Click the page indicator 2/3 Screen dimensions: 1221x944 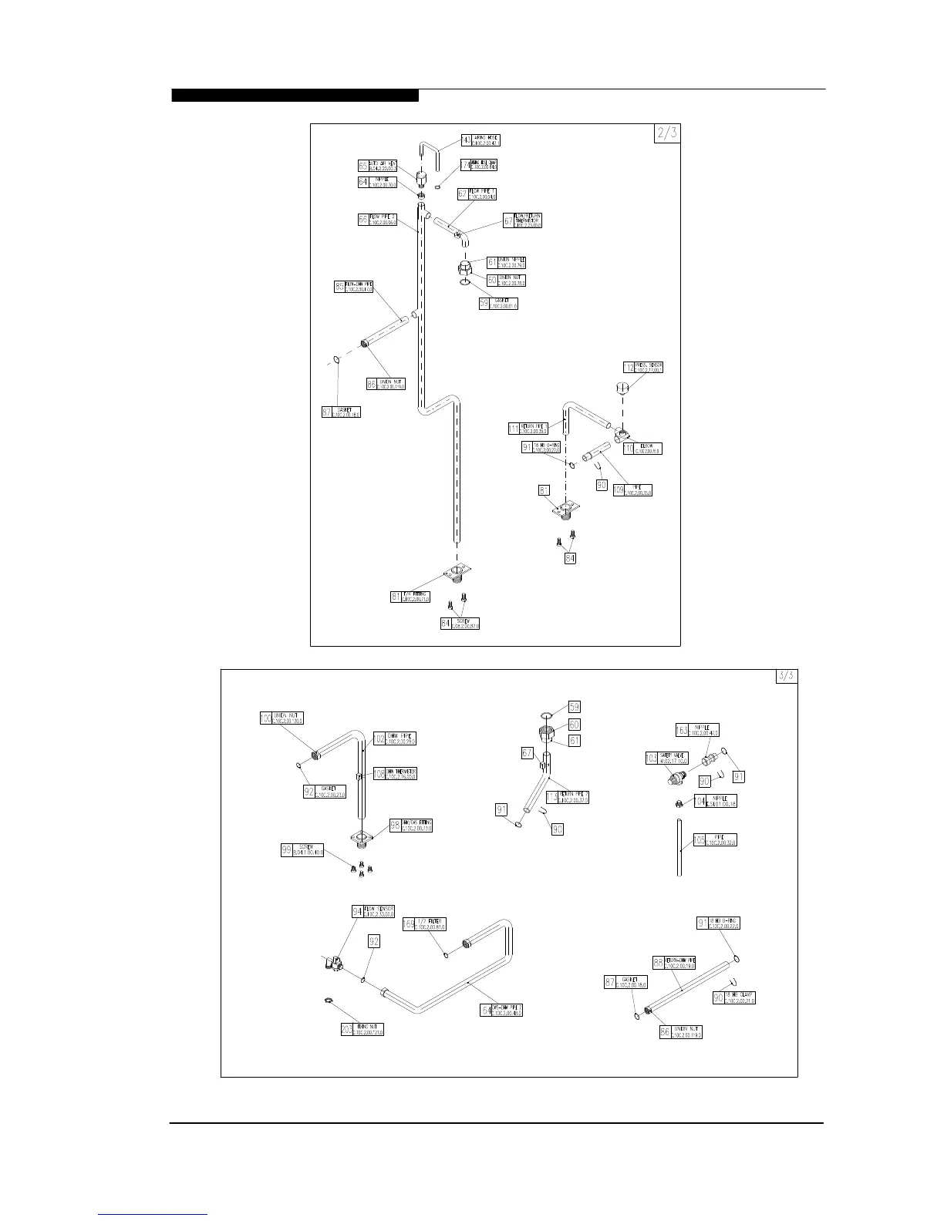click(667, 133)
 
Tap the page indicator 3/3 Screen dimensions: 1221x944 click(786, 676)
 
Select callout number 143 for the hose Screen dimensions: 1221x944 click(466, 140)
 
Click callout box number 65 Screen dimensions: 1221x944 click(363, 166)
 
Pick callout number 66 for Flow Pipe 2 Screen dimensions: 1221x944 click(363, 220)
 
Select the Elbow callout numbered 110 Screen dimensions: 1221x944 click(629, 448)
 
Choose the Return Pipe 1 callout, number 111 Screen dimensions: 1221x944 click(514, 429)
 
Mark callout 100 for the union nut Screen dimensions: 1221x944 click(266, 718)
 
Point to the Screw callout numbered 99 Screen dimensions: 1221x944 click(287, 850)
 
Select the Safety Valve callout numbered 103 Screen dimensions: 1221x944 click(652, 758)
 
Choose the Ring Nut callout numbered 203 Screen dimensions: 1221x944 click(347, 1029)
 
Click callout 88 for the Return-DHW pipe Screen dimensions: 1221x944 click(659, 963)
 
